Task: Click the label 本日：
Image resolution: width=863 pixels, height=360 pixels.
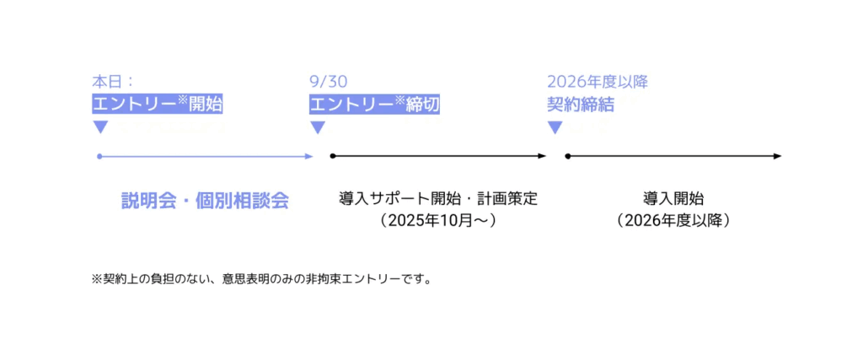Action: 113,82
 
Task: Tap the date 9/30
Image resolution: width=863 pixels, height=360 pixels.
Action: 329,82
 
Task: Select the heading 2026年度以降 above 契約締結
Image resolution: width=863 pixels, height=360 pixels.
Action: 598,82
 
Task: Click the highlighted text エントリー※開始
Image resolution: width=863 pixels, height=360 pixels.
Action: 158,104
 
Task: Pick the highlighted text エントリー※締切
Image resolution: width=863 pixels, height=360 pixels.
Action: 375,104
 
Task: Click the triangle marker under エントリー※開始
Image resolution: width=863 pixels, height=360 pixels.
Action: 100,127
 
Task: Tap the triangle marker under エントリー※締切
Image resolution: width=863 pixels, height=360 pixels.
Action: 318,127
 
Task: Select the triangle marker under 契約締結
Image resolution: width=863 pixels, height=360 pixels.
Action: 555,127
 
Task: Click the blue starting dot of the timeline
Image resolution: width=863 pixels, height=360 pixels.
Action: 99,156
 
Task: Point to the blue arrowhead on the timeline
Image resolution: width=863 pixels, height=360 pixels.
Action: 309,156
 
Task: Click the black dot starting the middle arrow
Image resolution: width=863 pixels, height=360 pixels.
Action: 332,156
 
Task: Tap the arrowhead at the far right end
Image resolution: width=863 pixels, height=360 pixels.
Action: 777,156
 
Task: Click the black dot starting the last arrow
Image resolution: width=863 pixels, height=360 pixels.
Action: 567,156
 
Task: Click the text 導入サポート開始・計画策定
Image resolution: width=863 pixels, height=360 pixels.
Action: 438,198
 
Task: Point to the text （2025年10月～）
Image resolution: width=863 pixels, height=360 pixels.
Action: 438,220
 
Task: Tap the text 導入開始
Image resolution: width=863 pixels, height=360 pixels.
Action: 673,198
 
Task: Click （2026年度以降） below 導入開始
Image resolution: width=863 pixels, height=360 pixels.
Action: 673,220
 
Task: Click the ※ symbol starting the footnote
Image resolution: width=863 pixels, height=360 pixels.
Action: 97,279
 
